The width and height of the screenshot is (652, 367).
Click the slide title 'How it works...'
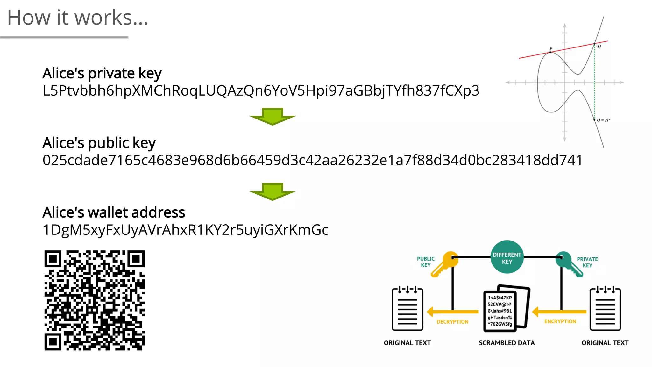click(x=78, y=18)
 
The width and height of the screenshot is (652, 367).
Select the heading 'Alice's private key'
click(x=102, y=73)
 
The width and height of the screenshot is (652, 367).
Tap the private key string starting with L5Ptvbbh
click(x=261, y=91)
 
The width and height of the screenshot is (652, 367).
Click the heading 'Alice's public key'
click(x=99, y=143)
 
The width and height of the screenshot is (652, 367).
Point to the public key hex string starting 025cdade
click(x=312, y=160)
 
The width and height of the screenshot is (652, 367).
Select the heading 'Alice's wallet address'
click(x=114, y=212)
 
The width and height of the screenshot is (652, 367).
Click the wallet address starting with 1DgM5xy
click(x=185, y=230)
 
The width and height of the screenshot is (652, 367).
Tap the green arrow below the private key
click(x=273, y=116)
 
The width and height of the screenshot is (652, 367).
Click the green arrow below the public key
click(x=273, y=191)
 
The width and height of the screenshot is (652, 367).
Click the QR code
click(x=95, y=300)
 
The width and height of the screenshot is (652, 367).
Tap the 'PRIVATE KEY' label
click(x=587, y=262)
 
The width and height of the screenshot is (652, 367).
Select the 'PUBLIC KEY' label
click(x=426, y=262)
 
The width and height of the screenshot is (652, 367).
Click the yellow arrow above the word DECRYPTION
click(x=452, y=312)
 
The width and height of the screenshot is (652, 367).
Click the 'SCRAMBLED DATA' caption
click(x=507, y=343)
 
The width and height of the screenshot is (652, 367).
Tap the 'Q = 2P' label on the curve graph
click(x=603, y=120)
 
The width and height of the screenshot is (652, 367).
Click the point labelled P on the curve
click(x=550, y=52)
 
